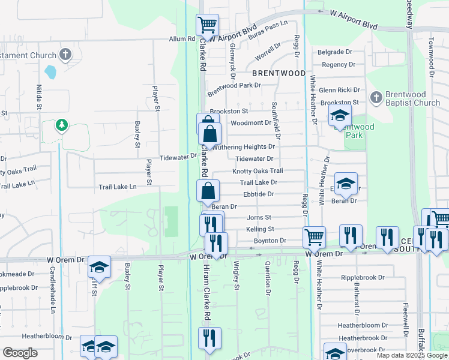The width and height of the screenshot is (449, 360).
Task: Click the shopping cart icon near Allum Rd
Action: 207,25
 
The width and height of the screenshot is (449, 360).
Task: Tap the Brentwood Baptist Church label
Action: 414,98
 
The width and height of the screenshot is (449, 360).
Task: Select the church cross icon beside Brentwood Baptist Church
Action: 376,97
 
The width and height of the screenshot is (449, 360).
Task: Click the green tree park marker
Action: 61,125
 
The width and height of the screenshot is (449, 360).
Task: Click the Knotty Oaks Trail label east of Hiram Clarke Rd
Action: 258,171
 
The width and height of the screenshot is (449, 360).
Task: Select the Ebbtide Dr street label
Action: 258,194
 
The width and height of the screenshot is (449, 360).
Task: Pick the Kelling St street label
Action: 259,229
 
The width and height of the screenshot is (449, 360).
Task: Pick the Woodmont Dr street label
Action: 251,122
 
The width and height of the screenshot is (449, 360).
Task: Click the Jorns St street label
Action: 259,217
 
